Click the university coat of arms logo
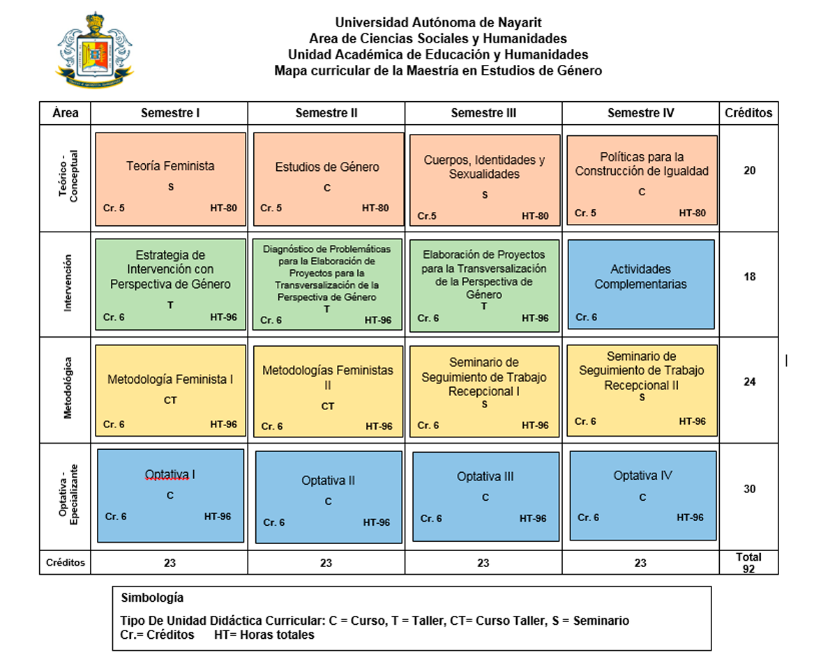(x=95, y=50)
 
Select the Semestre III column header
(x=483, y=113)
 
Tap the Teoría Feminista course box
(x=171, y=179)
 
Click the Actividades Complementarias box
(x=641, y=285)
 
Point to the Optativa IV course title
(x=642, y=475)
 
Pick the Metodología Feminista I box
(x=171, y=391)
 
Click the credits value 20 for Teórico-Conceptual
(x=749, y=170)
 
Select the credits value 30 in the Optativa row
(x=749, y=489)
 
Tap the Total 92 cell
(x=749, y=563)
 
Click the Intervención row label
(x=68, y=283)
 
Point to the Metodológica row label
(x=68, y=388)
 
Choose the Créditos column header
(x=748, y=113)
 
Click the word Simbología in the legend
(x=152, y=597)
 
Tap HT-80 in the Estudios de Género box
(x=375, y=208)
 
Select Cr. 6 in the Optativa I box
(x=116, y=516)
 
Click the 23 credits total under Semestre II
(x=326, y=563)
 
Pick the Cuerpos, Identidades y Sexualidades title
(x=484, y=167)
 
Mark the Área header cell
(x=65, y=113)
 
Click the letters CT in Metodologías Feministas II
(x=328, y=406)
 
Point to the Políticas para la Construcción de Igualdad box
(x=642, y=180)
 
